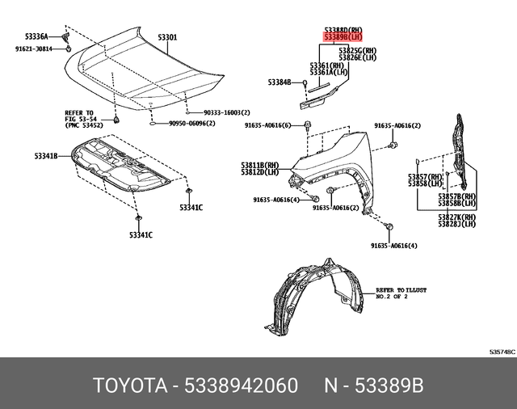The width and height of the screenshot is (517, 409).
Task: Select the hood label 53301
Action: pos(167,37)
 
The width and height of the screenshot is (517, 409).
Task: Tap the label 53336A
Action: pos(36,36)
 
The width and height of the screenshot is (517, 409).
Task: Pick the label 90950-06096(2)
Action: pos(191,124)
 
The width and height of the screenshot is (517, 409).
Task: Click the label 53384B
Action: pos(280,82)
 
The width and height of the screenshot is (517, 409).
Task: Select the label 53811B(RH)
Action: pos(259,165)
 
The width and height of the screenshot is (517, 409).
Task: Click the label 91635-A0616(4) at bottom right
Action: pos(393,245)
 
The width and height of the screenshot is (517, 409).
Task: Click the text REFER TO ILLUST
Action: pos(401,289)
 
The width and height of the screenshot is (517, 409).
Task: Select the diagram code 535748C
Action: pos(501,352)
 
